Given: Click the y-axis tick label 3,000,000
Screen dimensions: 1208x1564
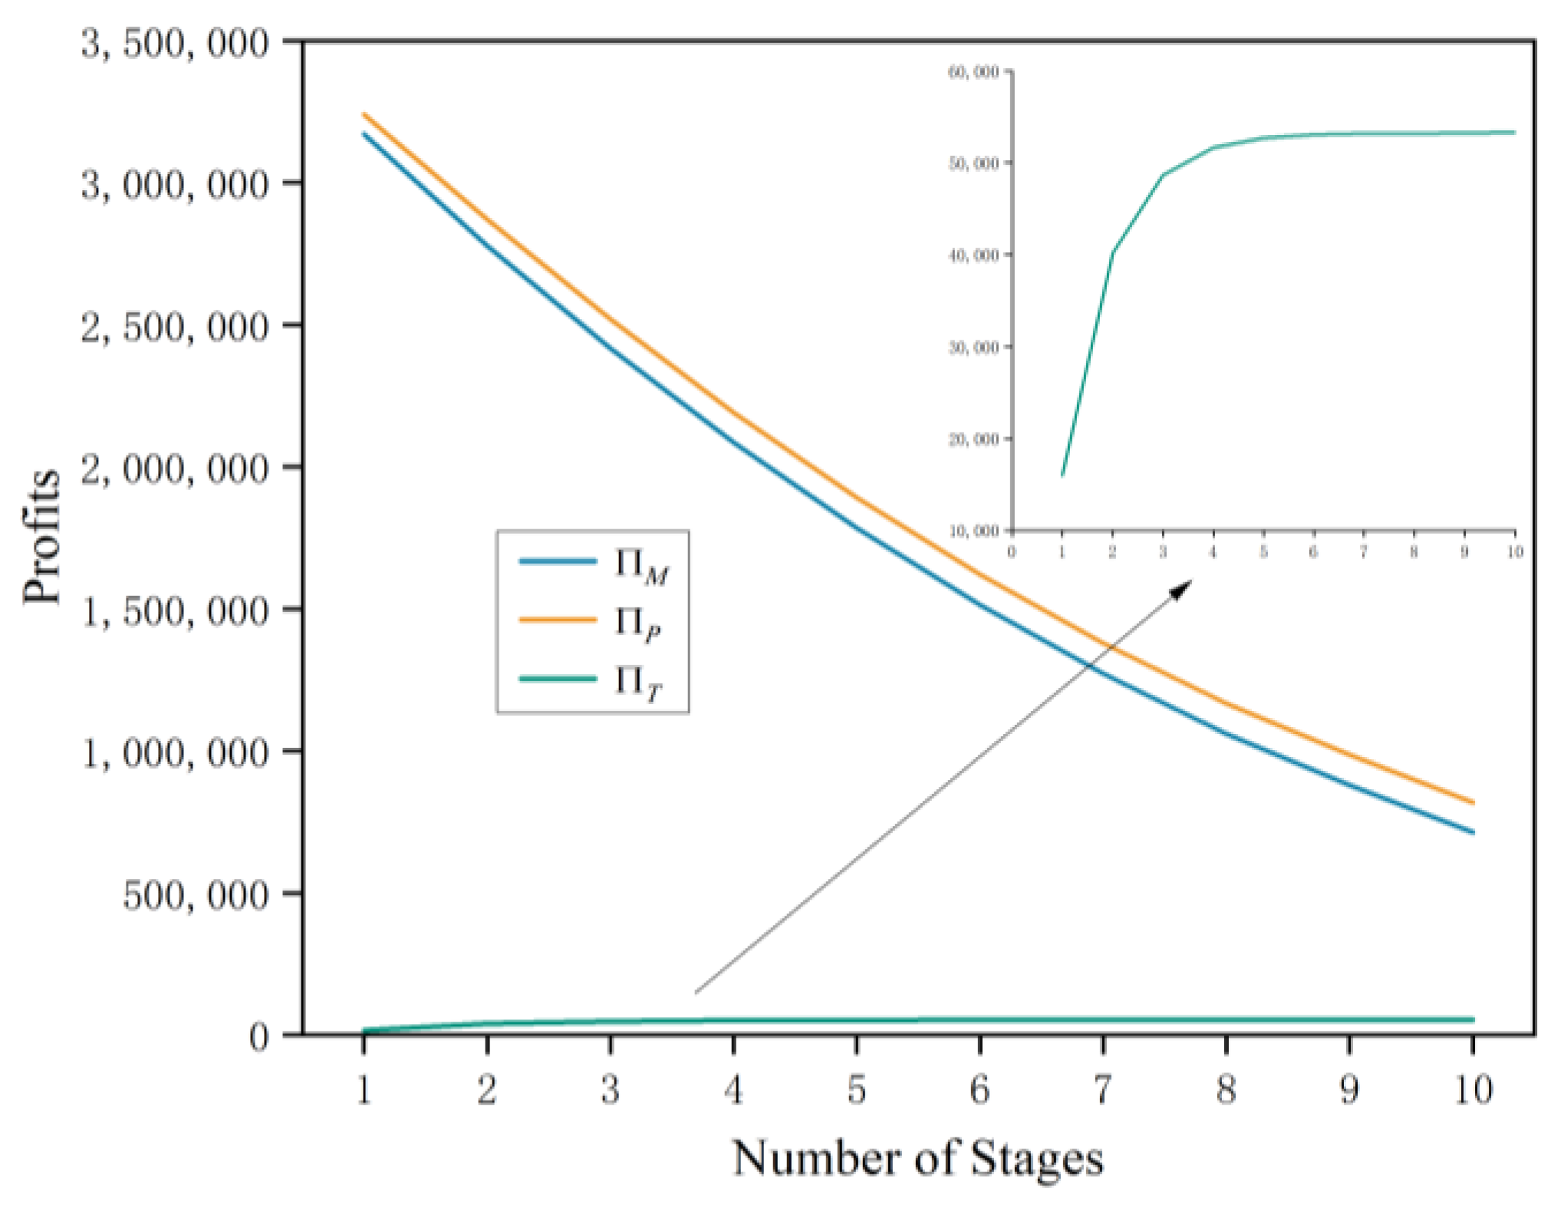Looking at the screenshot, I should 175,185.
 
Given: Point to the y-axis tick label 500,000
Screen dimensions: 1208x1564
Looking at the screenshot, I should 196,895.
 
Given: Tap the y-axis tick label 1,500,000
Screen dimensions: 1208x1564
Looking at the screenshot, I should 175,611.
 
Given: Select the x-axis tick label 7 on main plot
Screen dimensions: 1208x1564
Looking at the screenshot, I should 1102,1089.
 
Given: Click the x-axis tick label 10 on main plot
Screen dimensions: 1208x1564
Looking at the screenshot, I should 1473,1089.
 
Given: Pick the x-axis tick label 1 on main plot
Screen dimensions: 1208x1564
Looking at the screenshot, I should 364,1089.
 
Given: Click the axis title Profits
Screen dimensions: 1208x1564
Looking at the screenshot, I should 41,537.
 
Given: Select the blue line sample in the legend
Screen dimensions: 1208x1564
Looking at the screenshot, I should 558,561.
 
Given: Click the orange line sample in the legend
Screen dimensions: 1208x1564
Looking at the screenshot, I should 558,620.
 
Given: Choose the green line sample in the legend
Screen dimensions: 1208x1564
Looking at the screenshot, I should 558,679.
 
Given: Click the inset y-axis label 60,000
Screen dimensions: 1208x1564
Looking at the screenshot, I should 974,72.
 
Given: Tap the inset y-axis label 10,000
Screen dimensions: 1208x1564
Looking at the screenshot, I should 974,531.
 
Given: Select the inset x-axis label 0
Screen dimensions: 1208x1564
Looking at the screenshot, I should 1012,551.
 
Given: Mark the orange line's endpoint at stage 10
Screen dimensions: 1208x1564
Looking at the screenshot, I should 1473,803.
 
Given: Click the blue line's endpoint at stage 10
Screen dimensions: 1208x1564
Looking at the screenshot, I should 1473,832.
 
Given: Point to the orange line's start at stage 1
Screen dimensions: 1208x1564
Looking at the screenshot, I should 364,115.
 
